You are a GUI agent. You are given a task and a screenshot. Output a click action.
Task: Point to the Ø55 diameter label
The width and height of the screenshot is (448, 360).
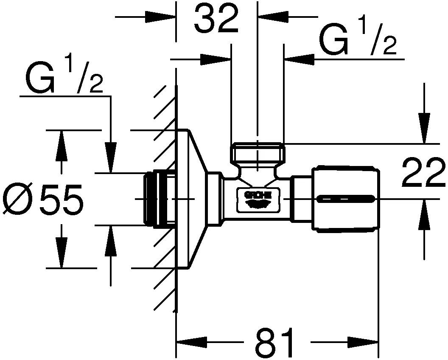pos(42,200)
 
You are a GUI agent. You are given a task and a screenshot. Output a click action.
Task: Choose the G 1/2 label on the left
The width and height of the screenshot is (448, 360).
pos(64,79)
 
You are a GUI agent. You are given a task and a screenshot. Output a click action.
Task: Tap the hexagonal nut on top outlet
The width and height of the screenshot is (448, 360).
pos(258,153)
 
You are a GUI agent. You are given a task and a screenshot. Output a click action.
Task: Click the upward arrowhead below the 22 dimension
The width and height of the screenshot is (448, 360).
pos(424,214)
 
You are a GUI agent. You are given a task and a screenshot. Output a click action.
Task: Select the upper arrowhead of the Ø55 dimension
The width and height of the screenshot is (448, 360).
pos(62,144)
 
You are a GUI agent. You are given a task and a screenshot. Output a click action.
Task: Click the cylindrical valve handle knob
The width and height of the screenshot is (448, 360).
pos(345,199)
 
